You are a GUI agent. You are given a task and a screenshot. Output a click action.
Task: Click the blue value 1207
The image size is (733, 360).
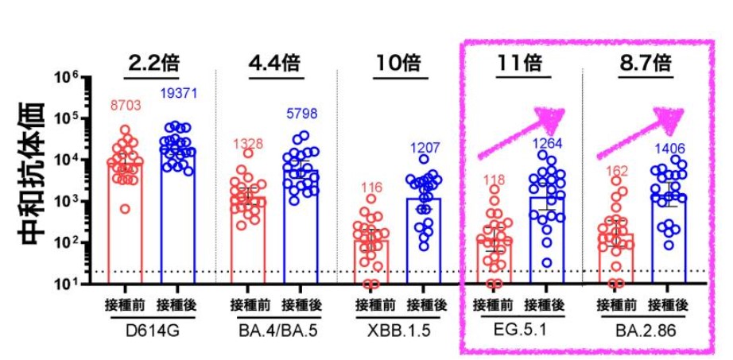pos(424,148)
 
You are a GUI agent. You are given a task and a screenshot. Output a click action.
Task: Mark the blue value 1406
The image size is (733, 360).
pos(669,148)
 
